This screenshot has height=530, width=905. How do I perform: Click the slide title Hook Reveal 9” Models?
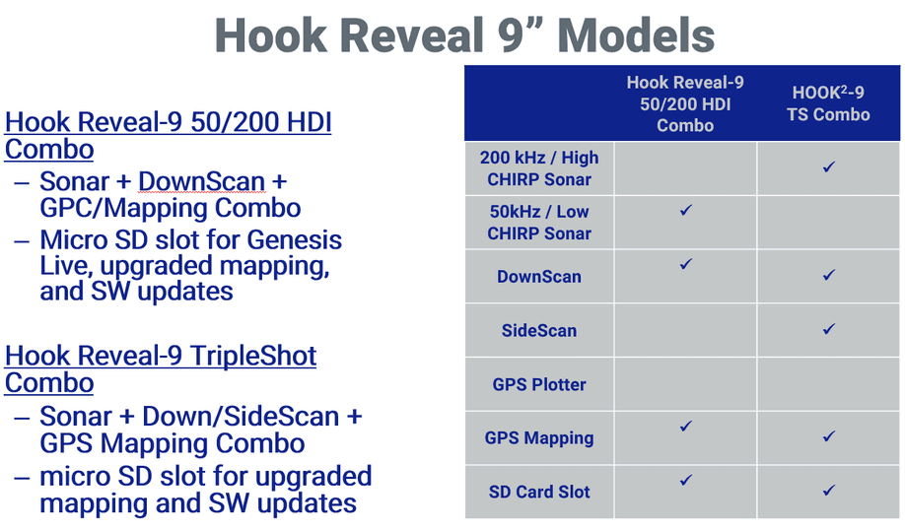(x=464, y=35)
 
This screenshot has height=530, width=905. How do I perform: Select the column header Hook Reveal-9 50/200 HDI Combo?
(x=685, y=103)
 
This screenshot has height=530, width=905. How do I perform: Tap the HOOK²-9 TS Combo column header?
(x=828, y=103)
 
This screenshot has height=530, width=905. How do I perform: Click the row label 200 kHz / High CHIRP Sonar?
(x=539, y=168)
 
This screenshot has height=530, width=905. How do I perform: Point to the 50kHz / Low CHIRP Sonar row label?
(x=539, y=223)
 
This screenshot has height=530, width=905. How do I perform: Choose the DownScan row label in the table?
(x=539, y=277)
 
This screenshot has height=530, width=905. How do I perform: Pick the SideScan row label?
(x=539, y=330)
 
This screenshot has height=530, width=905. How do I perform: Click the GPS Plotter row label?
(x=539, y=384)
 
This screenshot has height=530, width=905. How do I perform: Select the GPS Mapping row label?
(x=539, y=438)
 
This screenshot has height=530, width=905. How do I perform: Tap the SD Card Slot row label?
(x=539, y=492)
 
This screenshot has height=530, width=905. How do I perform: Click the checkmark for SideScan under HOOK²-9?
(x=829, y=329)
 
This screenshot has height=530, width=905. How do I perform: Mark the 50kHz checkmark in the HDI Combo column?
(x=686, y=210)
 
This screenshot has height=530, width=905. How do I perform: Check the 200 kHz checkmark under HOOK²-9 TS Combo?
(x=829, y=166)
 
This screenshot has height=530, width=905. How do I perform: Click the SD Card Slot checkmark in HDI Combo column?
(x=686, y=480)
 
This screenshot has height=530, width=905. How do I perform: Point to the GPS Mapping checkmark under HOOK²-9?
(x=829, y=436)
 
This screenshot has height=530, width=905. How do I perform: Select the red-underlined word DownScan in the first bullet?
(x=202, y=181)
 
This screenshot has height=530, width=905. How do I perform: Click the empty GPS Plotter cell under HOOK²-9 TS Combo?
(x=828, y=384)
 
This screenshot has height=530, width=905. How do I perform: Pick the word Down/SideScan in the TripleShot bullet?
(x=241, y=417)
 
